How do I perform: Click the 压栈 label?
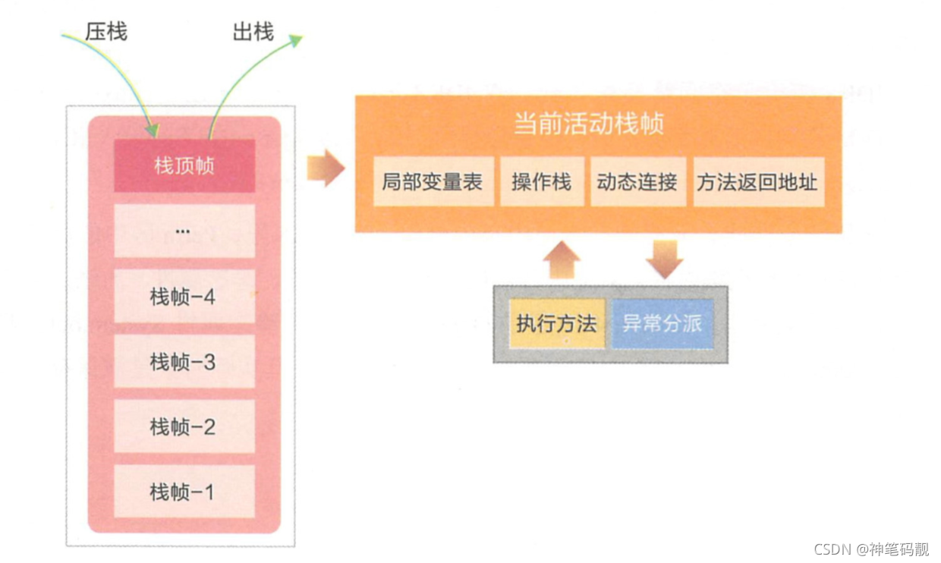(x=106, y=31)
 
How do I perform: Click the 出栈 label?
(x=253, y=31)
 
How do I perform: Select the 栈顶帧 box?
(x=184, y=165)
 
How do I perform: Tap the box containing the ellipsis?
(x=184, y=231)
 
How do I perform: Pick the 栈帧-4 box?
(x=184, y=296)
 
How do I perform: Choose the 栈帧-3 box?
(x=184, y=361)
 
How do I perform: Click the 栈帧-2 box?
(x=184, y=426)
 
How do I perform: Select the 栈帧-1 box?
(x=184, y=492)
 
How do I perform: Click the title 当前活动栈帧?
(x=589, y=124)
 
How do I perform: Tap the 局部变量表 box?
(x=433, y=181)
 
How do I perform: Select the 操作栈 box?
(x=542, y=181)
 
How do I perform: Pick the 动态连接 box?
(x=637, y=181)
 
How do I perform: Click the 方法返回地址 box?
(x=757, y=181)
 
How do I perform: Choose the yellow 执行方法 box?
(x=556, y=323)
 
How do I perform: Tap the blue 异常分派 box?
(x=662, y=323)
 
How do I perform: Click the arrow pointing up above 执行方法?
(x=562, y=260)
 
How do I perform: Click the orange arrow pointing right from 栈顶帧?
(x=326, y=168)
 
